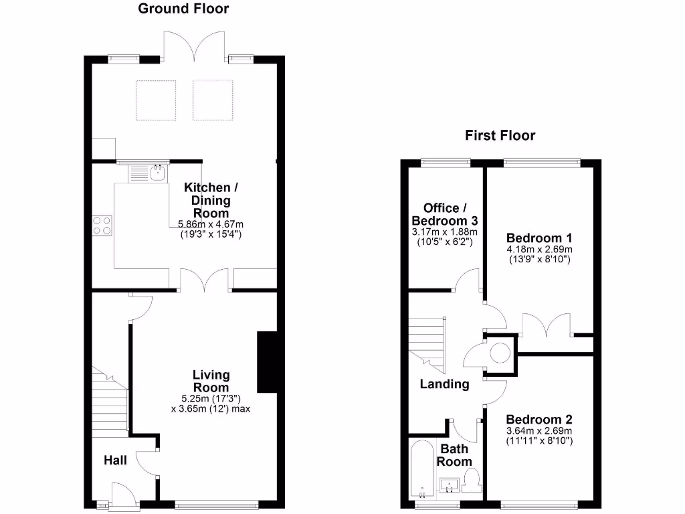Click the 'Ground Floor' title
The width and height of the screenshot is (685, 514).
pos(183,9)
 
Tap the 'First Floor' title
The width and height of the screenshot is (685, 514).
pos(500,136)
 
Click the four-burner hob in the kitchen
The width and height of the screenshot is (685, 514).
pos(102,225)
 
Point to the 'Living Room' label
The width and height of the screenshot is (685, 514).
pos(211,381)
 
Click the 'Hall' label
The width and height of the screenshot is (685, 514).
pos(115,460)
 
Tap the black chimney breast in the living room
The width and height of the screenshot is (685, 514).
pos(267,361)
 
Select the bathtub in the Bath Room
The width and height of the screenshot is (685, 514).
pos(421,468)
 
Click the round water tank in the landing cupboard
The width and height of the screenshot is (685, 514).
pos(500,352)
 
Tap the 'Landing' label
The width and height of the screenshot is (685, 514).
pos(444,384)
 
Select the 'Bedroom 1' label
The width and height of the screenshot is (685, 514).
pos(539,238)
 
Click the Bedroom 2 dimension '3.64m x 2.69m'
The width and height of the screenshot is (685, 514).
pos(539,430)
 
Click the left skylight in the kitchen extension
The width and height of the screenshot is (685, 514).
pos(156,100)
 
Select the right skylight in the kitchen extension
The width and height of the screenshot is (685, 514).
pos(213,100)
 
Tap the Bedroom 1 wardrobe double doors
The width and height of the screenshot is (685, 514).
pos(548,325)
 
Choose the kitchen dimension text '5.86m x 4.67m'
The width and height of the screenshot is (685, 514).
pos(211,224)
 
